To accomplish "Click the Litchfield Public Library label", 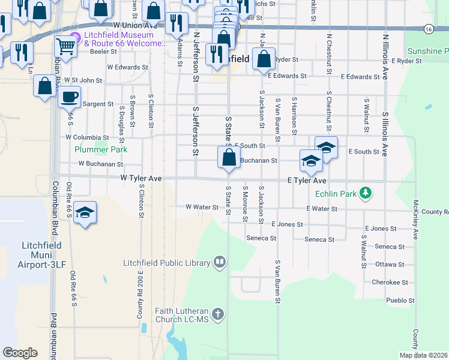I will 166,262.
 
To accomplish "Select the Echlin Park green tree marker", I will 364,193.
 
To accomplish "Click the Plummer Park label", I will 92,149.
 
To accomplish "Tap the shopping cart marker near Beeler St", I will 65,46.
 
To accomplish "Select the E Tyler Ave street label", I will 306,180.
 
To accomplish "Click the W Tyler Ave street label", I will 141,178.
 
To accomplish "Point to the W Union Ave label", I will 134,26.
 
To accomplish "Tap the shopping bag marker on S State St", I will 229,158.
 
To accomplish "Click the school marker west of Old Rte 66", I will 85,213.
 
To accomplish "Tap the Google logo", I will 20,353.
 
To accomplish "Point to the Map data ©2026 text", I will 423,355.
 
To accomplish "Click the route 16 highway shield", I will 428,29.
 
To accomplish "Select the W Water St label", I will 202,207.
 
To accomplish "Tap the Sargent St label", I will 98,104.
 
